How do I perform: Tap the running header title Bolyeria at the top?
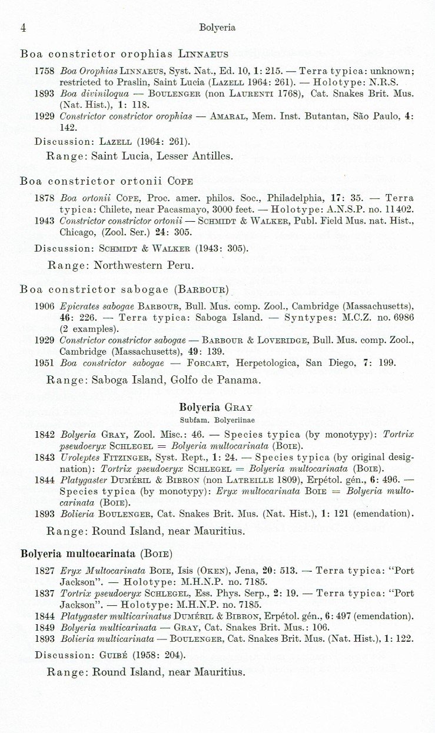(217, 28)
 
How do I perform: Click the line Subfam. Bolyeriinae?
(215, 420)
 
